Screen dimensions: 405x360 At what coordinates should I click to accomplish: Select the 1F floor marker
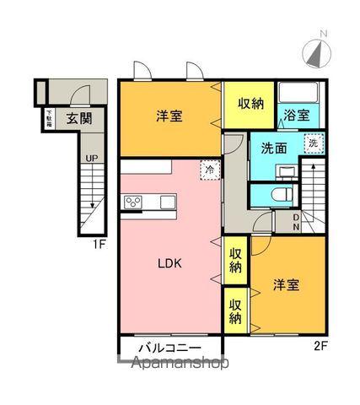(x=98, y=245)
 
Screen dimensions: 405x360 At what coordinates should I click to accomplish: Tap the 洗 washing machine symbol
(x=313, y=143)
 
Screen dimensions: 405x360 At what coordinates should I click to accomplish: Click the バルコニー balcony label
(x=169, y=347)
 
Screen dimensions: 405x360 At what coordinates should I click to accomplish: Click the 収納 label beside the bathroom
(x=249, y=104)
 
